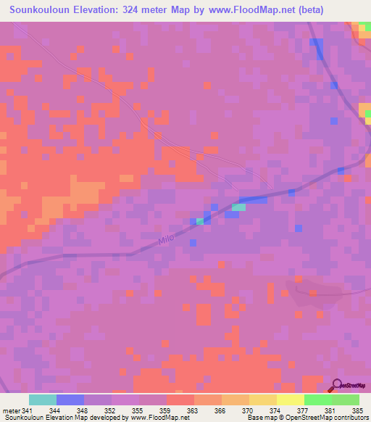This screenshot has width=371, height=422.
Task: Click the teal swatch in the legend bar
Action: [43, 400]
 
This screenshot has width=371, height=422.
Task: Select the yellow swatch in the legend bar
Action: [290, 400]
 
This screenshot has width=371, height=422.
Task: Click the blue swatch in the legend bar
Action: [70, 400]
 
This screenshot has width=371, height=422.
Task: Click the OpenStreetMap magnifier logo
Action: [338, 385]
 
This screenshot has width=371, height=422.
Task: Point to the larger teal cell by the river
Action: [238, 207]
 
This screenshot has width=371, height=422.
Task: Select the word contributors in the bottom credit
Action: [350, 418]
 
